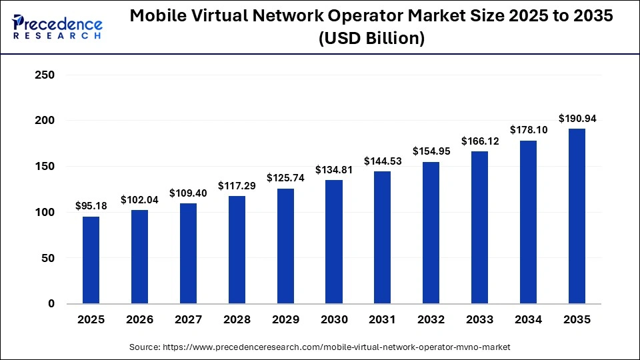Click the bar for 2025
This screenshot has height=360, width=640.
pos(91,260)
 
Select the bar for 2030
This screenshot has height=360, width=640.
pos(333,242)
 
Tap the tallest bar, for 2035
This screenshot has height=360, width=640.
pos(576,216)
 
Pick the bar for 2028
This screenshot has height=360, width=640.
pos(237,250)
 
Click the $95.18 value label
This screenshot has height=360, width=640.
pos(91,205)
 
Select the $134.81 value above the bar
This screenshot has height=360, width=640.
pos(333,169)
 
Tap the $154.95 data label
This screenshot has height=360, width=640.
pos(431,151)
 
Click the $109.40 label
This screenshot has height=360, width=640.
pos(188,193)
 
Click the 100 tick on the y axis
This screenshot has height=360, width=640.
pos(43,213)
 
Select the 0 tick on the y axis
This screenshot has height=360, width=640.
pos(51,304)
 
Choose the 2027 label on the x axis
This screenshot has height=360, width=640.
pos(188,320)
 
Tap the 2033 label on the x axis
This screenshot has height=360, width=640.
pos(479,320)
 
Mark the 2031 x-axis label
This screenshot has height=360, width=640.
pos(382,320)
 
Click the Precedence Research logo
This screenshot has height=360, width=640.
pos(57,26)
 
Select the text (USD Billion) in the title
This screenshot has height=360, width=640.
pos(371,39)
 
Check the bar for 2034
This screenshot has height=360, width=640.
pos(527,222)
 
